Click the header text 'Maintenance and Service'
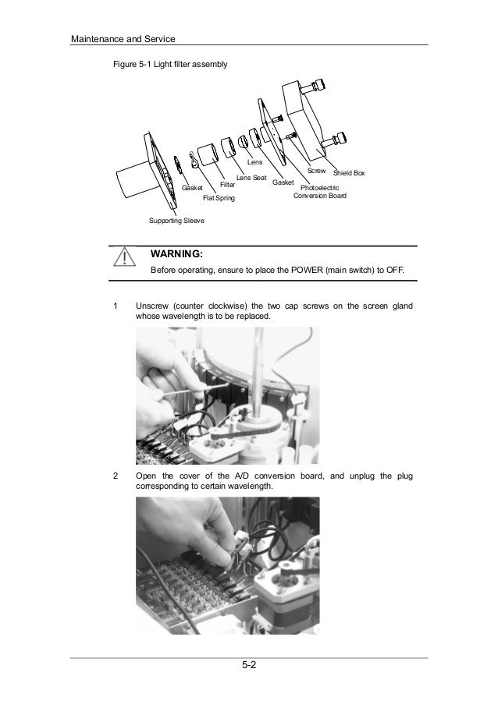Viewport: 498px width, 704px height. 122,38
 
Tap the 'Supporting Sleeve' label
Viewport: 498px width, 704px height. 176,221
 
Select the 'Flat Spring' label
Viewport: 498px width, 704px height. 219,200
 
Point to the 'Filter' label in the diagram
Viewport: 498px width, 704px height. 228,186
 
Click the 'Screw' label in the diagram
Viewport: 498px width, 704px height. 316,170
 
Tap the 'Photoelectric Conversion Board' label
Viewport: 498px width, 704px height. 320,193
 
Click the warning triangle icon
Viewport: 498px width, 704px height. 123,258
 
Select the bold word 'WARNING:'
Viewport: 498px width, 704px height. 176,255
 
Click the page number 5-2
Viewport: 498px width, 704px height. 249,665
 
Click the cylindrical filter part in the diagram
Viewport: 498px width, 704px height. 207,154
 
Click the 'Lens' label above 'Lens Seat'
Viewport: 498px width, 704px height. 255,162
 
